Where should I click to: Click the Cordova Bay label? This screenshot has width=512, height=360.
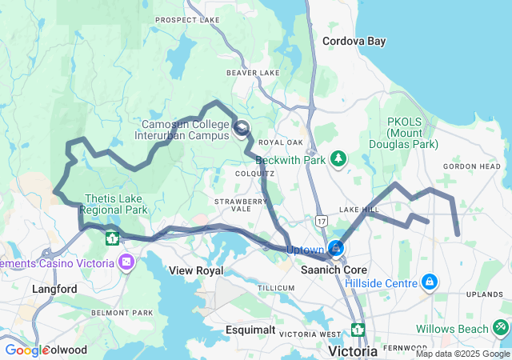(353, 40)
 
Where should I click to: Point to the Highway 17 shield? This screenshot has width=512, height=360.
(321, 218)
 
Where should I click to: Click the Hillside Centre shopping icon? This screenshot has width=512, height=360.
(430, 282)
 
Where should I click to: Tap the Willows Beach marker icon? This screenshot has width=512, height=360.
(500, 327)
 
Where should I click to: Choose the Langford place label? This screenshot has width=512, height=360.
(54, 288)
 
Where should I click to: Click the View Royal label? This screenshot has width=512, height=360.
(196, 270)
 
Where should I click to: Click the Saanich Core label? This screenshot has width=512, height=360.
(334, 270)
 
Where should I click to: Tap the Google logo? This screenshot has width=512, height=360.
(26, 350)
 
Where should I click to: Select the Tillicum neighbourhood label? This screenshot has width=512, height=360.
(276, 287)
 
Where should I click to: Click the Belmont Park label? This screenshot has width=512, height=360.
(122, 313)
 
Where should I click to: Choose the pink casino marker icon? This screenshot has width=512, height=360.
(126, 262)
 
